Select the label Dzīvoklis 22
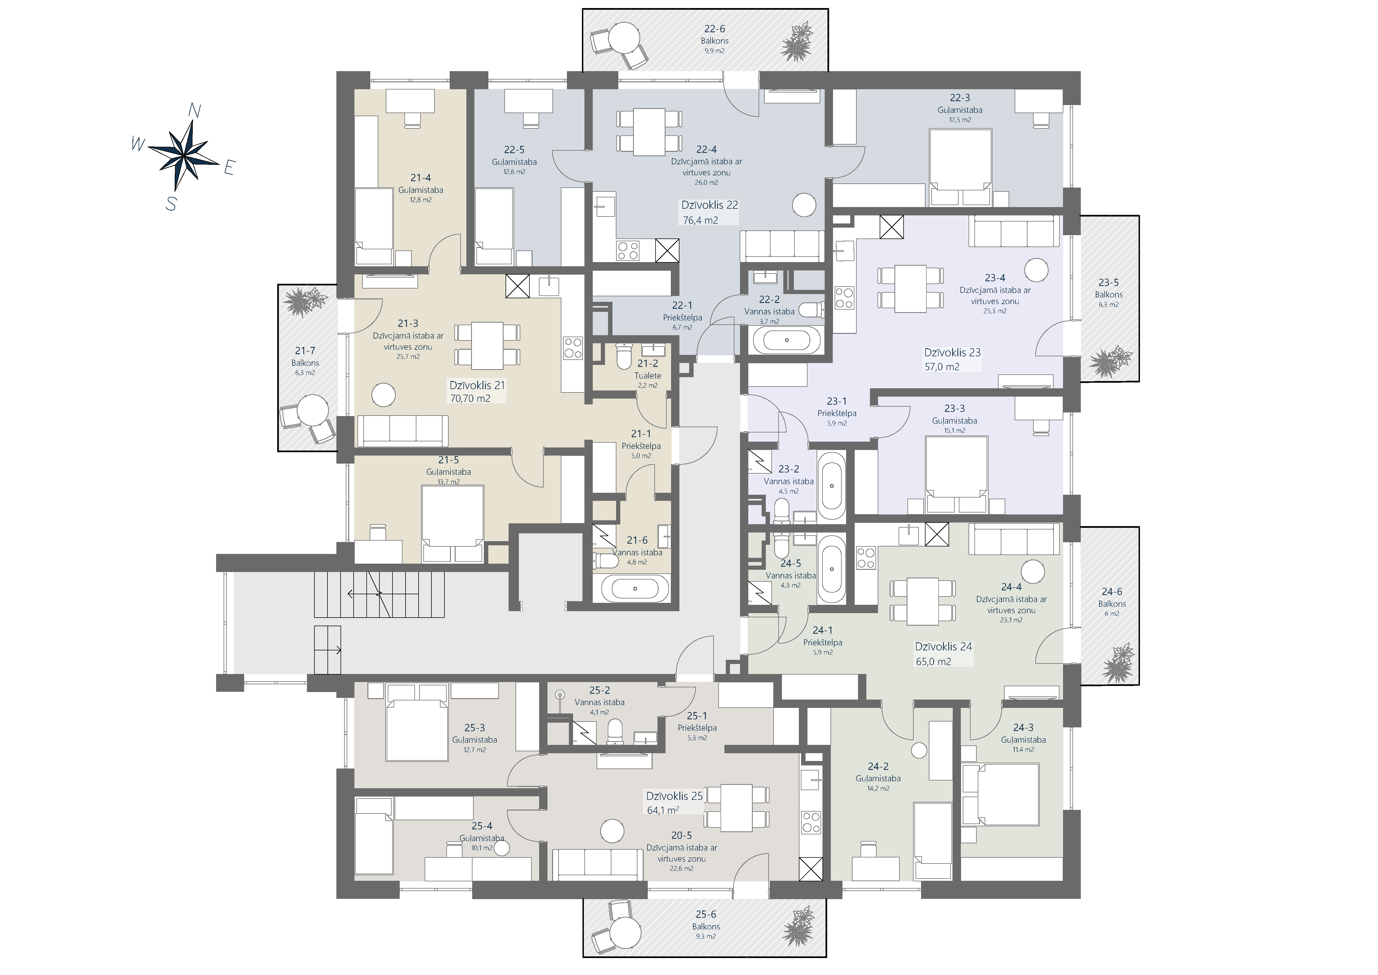click(x=709, y=205)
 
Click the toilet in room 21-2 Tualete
click(x=624, y=355)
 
